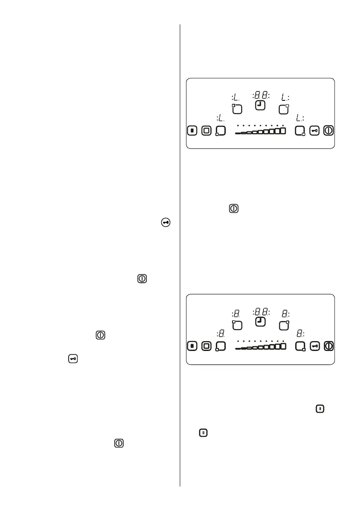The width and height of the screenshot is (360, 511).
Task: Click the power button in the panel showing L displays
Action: click(x=328, y=130)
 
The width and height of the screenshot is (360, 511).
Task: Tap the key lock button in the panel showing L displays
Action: click(x=315, y=130)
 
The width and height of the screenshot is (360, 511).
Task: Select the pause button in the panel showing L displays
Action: click(x=193, y=130)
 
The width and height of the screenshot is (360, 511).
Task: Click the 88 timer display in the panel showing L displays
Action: click(x=260, y=95)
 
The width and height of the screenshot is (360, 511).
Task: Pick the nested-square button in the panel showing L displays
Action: click(x=206, y=130)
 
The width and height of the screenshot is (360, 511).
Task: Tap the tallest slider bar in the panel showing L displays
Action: click(x=283, y=131)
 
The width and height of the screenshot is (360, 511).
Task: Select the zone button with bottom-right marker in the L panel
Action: click(x=300, y=130)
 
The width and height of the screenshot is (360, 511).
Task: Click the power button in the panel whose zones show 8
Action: click(x=328, y=346)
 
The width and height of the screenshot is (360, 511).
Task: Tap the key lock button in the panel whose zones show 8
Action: click(x=315, y=346)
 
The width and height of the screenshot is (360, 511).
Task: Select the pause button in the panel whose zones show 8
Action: click(x=193, y=346)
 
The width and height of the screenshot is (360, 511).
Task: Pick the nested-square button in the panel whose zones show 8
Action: click(x=206, y=346)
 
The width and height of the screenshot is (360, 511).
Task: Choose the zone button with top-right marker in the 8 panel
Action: click(x=283, y=325)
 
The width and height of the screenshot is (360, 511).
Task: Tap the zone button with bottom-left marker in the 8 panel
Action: click(x=221, y=346)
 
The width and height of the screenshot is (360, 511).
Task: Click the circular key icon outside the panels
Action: click(x=166, y=222)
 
